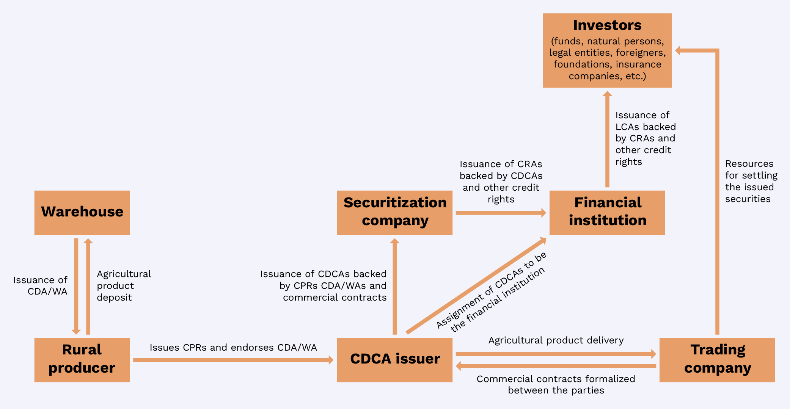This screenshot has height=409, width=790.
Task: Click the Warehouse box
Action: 82,212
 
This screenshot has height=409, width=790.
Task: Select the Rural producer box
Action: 82,359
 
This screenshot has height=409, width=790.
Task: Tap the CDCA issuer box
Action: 394,359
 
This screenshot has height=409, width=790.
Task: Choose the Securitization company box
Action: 394,212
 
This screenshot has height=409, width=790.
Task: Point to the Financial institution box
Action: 607,212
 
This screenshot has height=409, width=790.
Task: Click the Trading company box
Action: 717,359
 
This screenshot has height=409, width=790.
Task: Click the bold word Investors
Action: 607,25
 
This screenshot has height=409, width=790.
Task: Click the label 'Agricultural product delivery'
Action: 556,340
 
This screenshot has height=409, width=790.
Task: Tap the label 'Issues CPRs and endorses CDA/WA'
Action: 233,348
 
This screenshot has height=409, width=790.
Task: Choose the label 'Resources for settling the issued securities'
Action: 750,181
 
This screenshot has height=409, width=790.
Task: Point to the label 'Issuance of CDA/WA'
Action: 41,286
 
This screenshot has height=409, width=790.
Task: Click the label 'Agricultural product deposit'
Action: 123,286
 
